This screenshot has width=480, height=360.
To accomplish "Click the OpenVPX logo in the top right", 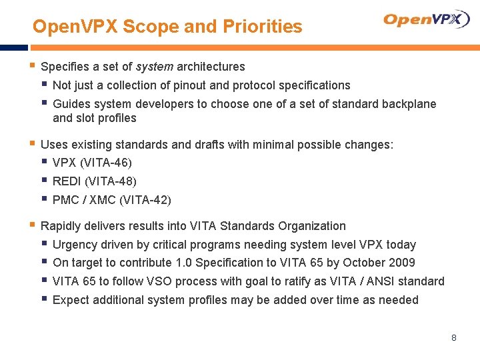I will coord(427,19).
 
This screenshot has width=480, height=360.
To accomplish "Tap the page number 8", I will coord(454,338).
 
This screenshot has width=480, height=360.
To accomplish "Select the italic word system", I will coord(153,67).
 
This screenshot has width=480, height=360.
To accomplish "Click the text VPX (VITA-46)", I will coord(92,163).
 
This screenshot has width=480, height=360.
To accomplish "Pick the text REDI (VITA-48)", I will coord(94,181).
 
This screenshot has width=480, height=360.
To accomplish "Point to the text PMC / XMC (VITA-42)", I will coord(111,200).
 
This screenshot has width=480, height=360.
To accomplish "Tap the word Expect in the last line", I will coord(70,300).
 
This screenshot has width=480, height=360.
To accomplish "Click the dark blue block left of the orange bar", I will coord(13,48).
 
